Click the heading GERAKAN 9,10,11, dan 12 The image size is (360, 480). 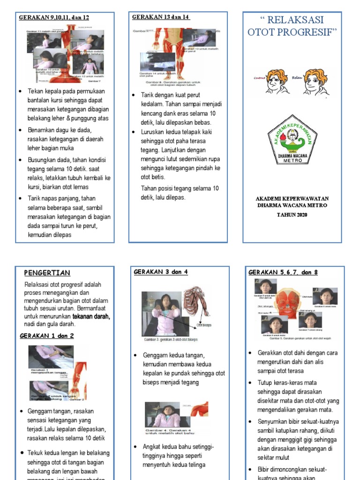tap(53, 18)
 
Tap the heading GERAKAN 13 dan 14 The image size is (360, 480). tap(161, 17)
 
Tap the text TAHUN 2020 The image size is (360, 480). tap(292, 214)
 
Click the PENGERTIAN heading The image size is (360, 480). tap(47, 273)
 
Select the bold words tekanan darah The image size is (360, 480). tap(91, 316)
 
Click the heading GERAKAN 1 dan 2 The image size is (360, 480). tap(46, 336)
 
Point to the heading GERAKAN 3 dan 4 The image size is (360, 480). tap(161, 272)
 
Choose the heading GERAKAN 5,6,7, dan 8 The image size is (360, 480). tap(283, 272)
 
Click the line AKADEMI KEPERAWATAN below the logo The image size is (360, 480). tap(292, 198)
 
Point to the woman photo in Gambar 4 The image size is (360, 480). tap(162, 414)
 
